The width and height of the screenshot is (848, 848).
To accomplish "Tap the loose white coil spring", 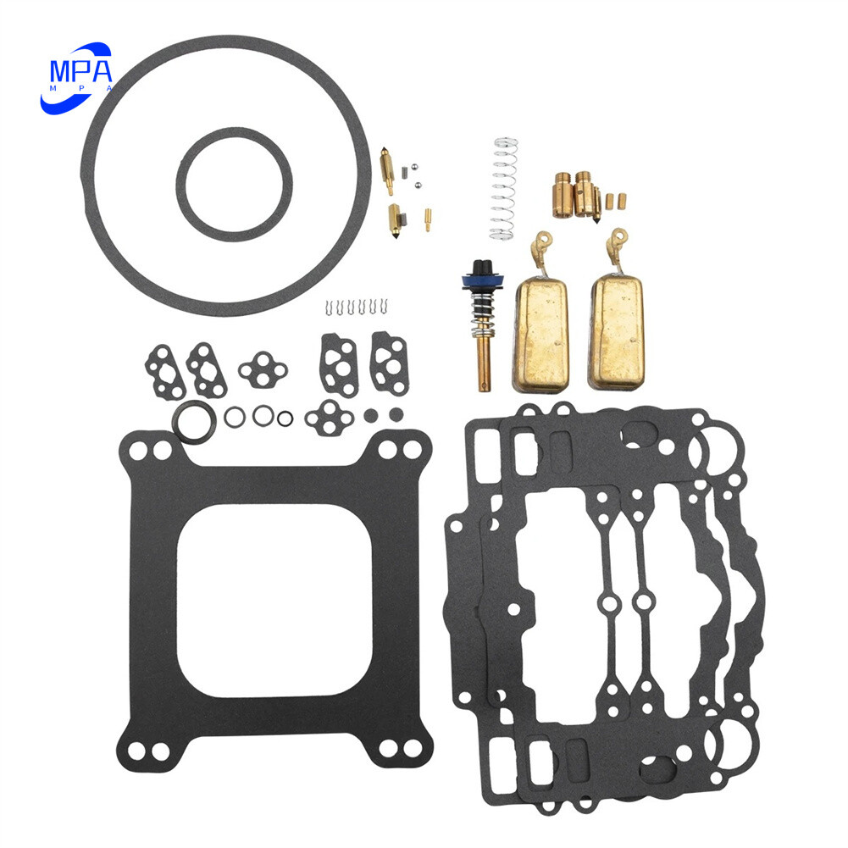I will coord(506,188).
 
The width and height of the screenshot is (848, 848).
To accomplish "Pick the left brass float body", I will coord(540,335).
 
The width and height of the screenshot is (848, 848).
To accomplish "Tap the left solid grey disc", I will coord(369,415).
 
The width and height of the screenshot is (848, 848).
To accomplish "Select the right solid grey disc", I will coord(396,414).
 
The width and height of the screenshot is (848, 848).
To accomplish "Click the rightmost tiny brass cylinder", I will coord(623,200).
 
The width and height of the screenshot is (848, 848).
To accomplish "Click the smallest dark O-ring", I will coord(285,417).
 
